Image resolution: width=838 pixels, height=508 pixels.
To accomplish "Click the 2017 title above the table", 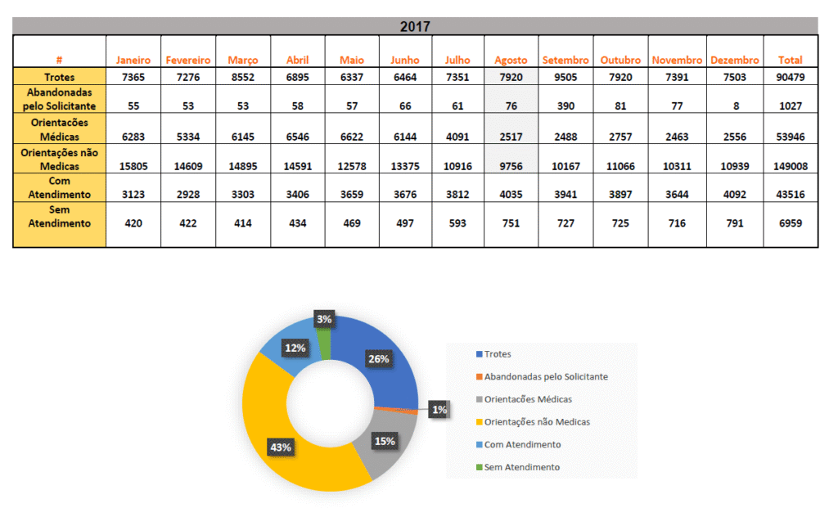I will [415, 27].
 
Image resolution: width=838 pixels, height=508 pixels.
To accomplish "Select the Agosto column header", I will [511, 60].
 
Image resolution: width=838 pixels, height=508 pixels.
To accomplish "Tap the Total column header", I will [790, 60].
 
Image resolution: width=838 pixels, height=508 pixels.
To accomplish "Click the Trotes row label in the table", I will [60, 77].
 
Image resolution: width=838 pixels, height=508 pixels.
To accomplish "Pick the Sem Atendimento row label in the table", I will [60, 217].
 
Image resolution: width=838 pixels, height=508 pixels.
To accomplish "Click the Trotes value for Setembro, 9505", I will [565, 77].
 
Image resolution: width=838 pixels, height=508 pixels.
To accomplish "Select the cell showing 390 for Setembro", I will [565, 106].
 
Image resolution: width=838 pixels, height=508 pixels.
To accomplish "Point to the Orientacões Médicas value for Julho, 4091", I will [457, 137].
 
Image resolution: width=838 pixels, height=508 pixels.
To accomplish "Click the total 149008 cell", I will [790, 166].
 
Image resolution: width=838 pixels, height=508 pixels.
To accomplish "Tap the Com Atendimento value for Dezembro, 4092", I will [736, 195].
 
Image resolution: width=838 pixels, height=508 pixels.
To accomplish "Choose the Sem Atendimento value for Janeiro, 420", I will [133, 223].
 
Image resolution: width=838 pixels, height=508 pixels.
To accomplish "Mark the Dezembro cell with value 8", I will [736, 106].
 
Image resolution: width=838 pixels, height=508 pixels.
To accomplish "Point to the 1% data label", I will [439, 410].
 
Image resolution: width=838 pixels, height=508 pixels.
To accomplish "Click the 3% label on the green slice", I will [324, 319].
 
